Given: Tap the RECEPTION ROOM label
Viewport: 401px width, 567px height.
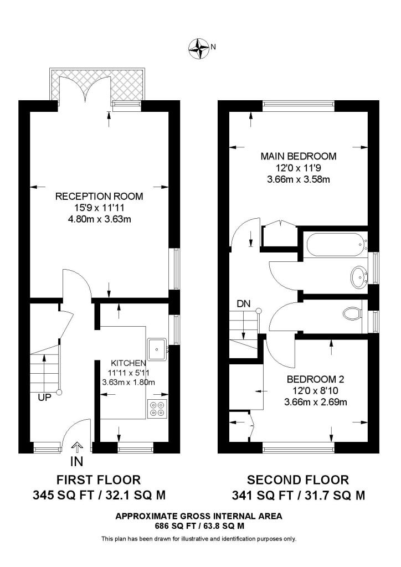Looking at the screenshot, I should click(x=99, y=196).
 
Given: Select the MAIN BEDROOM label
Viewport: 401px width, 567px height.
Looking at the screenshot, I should click(x=299, y=156).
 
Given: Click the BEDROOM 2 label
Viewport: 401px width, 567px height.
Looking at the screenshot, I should click(x=315, y=379).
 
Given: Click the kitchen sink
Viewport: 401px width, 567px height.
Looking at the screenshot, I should click(x=158, y=348).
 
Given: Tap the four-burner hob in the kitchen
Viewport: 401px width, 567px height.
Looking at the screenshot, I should click(x=157, y=408).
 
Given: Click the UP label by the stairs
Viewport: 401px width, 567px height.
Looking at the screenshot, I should click(x=44, y=397).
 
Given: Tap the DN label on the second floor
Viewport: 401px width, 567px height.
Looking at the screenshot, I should click(x=244, y=303).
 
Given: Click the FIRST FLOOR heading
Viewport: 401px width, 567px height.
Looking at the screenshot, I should click(x=99, y=480).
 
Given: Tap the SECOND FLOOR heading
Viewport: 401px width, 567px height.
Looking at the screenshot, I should click(x=298, y=480).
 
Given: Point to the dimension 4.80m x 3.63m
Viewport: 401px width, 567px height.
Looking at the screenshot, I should click(x=99, y=219).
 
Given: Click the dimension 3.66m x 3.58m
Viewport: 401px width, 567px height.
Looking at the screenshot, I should click(x=299, y=179).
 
